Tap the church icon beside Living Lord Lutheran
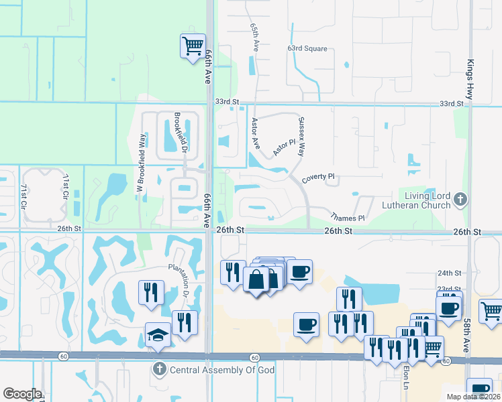pos(460,199)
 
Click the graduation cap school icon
pos(158,334)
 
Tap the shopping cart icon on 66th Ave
pos(193,46)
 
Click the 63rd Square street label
pos(307,49)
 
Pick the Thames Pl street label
pos(347,218)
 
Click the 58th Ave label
pos(466,336)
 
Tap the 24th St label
pos(449,273)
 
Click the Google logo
pos(22,394)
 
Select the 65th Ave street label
pos(255,39)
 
